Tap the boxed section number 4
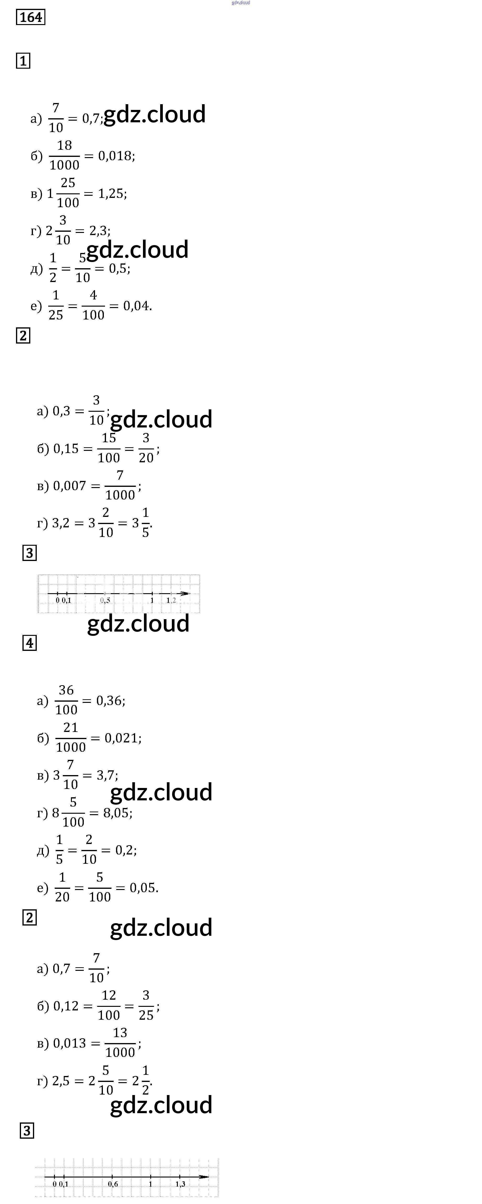(29, 643)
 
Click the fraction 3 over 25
(146, 1006)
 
